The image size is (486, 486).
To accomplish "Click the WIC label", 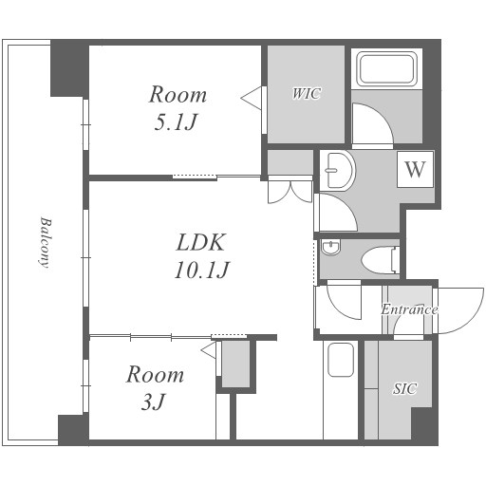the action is (307, 94).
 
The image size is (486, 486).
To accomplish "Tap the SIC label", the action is (404, 388).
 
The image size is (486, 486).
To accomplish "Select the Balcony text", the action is (46, 242).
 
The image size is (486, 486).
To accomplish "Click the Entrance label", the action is (409, 309).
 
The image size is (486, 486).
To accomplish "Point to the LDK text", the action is (201, 243).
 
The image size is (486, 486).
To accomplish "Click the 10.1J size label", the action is (201, 270).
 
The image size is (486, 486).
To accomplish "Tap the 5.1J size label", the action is (176, 121).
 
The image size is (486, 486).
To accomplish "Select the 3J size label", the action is (153, 402).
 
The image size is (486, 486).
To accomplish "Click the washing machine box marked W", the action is (415, 169).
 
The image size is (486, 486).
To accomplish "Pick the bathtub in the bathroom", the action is (386, 70).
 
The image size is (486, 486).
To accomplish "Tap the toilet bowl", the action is (381, 260).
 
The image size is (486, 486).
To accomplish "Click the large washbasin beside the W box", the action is (338, 171).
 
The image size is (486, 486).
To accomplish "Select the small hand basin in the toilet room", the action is (330, 248).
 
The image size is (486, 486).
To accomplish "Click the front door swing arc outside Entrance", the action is (474, 317).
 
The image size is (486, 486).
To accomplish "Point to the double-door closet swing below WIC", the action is (290, 193).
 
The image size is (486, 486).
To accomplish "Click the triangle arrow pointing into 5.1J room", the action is (251, 98).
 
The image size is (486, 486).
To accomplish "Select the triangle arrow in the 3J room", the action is (209, 350).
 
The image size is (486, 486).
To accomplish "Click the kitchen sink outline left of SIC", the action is (341, 360).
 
